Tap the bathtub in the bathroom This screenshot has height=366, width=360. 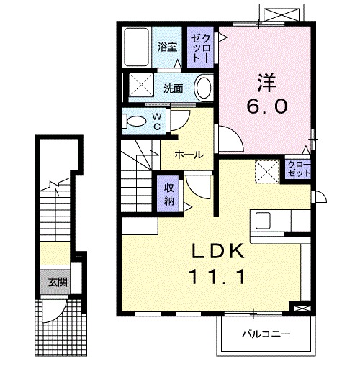(x=137, y=46)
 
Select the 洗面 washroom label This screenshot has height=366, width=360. (x=172, y=89)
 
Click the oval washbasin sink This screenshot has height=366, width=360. (x=203, y=89)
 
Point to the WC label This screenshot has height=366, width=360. (x=158, y=122)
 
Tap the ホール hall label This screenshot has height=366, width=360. (x=189, y=155)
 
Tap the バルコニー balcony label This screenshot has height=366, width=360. (x=266, y=334)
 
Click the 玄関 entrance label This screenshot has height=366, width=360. (x=58, y=281)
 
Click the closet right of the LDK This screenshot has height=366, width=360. (x=297, y=170)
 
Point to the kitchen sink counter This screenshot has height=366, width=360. (x=276, y=219)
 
